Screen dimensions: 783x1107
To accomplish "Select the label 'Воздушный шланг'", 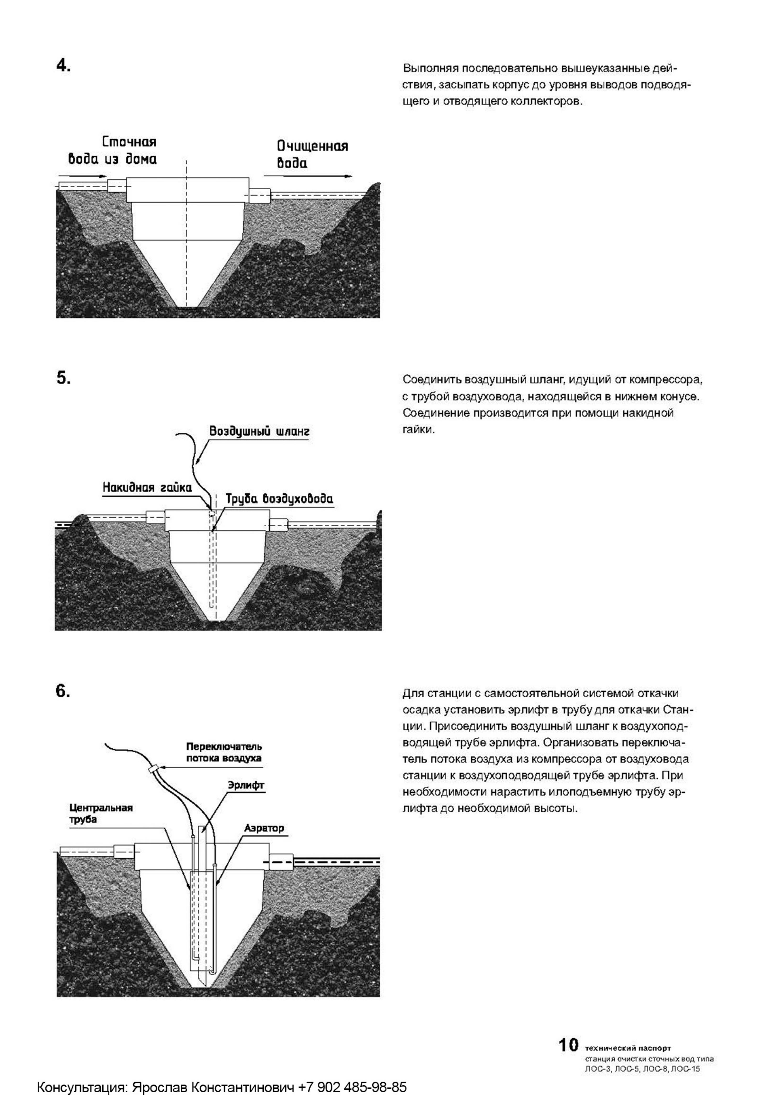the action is coord(259,431).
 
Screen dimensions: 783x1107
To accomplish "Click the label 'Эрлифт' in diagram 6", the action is coord(246,785).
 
